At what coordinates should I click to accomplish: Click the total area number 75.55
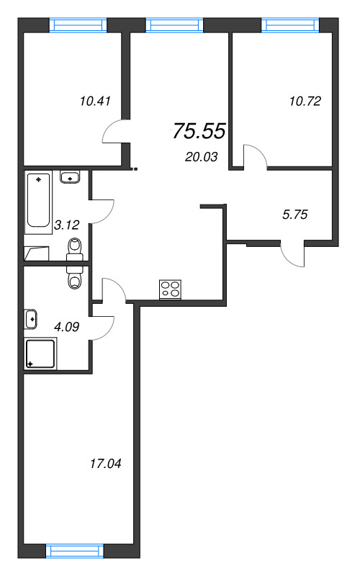click(x=199, y=131)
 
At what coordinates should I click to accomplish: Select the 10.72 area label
click(x=305, y=101)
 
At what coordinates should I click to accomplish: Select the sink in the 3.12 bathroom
click(x=71, y=176)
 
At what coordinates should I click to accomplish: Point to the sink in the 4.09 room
click(x=31, y=317)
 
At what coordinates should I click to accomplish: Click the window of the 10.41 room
click(x=78, y=25)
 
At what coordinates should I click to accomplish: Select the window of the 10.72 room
click(x=289, y=25)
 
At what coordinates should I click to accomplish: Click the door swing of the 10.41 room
click(x=113, y=132)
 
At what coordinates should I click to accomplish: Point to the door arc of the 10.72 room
click(x=253, y=156)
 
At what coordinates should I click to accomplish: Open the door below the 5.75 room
click(x=292, y=256)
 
